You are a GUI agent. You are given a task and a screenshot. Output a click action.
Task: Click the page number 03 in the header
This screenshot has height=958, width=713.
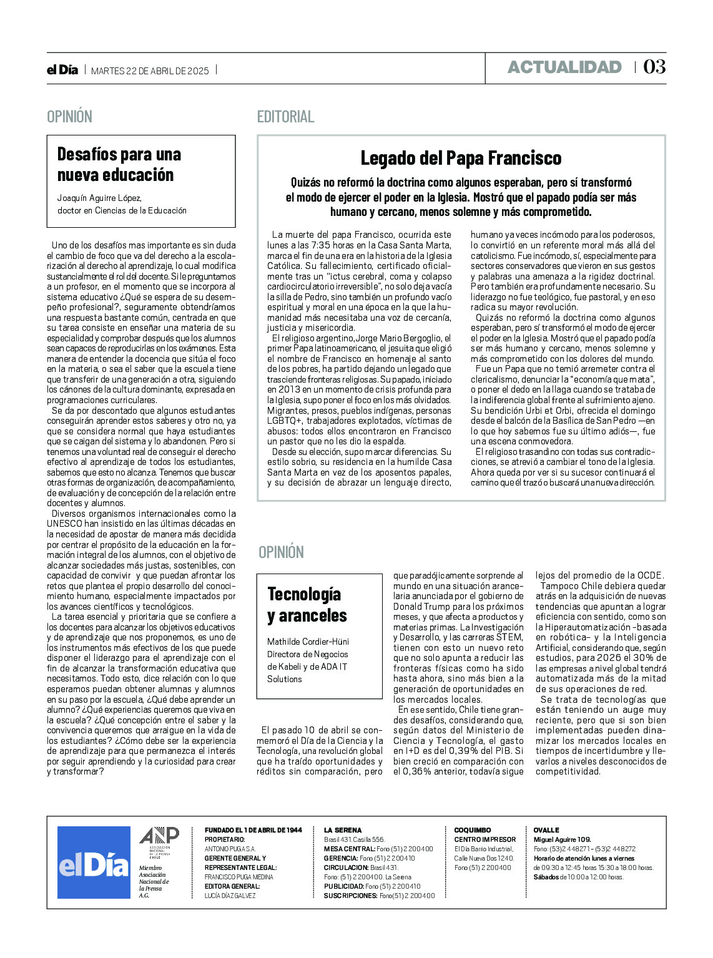[x=654, y=67]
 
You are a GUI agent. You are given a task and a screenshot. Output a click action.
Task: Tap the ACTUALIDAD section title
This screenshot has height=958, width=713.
[x=564, y=67]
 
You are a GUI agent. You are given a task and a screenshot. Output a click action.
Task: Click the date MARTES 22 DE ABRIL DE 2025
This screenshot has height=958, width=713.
[x=150, y=71]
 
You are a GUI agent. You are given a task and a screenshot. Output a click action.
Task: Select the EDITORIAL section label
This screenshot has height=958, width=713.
[x=285, y=117]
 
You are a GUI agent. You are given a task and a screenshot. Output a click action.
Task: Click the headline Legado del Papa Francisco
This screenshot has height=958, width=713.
[x=461, y=159]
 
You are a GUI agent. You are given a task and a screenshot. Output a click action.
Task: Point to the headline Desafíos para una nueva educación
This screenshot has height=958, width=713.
[x=119, y=164]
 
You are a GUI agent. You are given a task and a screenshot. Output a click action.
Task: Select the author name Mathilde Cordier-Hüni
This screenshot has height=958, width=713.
[x=308, y=642]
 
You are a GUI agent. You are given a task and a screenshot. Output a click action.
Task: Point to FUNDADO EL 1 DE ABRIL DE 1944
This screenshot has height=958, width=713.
[x=253, y=830]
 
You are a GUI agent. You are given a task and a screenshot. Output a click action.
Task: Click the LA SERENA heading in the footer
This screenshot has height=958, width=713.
[x=342, y=830]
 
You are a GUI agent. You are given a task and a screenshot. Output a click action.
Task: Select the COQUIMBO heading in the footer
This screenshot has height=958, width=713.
[x=472, y=830]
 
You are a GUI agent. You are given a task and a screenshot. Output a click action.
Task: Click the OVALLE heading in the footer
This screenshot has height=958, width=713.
[x=546, y=830]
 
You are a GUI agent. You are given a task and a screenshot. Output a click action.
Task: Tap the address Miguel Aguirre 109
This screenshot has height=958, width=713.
[x=562, y=839]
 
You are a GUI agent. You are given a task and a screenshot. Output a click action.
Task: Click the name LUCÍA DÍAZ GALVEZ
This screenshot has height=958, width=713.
[x=230, y=896]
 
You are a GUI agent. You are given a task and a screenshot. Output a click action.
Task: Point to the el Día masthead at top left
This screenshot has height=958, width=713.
[x=62, y=70]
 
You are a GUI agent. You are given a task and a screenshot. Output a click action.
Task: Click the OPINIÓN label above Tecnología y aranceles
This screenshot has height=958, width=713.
[x=281, y=552]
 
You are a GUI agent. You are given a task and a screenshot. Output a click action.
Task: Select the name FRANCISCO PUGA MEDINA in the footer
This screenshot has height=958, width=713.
[x=238, y=877]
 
